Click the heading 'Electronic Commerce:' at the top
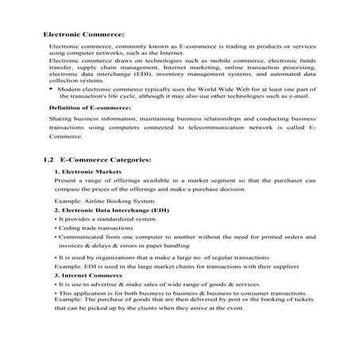tap(83, 36)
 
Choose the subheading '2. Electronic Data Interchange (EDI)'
tap(111, 211)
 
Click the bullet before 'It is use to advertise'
tap(56, 284)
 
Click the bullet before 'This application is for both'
tap(56, 293)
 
